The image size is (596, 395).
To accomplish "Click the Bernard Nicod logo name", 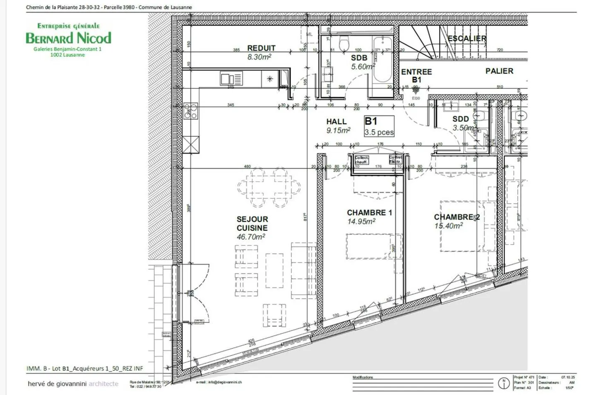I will pyautogui.click(x=68, y=38).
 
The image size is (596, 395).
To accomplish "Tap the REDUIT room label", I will pyautogui.click(x=261, y=48).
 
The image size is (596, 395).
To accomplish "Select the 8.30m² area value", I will pyautogui.click(x=259, y=57).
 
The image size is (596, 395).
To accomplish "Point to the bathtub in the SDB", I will pyautogui.click(x=382, y=59).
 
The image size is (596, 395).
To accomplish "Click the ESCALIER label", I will pyautogui.click(x=467, y=39).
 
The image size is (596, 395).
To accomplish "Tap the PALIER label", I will pyautogui.click(x=499, y=71).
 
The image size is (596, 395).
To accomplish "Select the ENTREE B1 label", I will pyautogui.click(x=416, y=75).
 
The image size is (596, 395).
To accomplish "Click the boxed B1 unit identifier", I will pyautogui.click(x=371, y=121).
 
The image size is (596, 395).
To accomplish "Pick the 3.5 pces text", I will pyautogui.click(x=379, y=132).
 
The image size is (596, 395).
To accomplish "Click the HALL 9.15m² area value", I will pyautogui.click(x=338, y=130).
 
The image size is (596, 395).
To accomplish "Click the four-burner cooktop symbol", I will pyautogui.click(x=191, y=111).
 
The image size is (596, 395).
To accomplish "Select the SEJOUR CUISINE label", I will pyautogui.click(x=252, y=224).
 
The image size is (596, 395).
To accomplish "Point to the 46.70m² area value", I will pyautogui.click(x=251, y=237).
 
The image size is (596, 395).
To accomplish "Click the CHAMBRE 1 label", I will pyautogui.click(x=369, y=212).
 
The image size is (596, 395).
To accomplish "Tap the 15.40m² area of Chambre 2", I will pyautogui.click(x=449, y=226).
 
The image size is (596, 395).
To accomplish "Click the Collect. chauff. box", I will pyautogui.click(x=361, y=160).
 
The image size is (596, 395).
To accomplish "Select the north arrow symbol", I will pyautogui.click(x=504, y=384).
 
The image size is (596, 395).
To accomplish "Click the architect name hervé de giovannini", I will pyautogui.click(x=57, y=384).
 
